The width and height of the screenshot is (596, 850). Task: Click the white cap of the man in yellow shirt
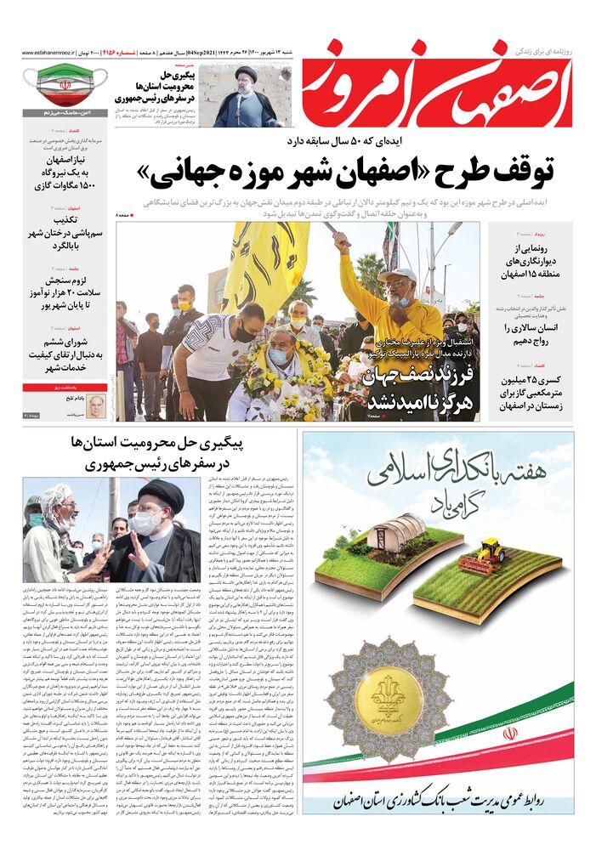click(x=397, y=275)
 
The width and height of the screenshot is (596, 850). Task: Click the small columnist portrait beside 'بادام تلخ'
click(x=96, y=405)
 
